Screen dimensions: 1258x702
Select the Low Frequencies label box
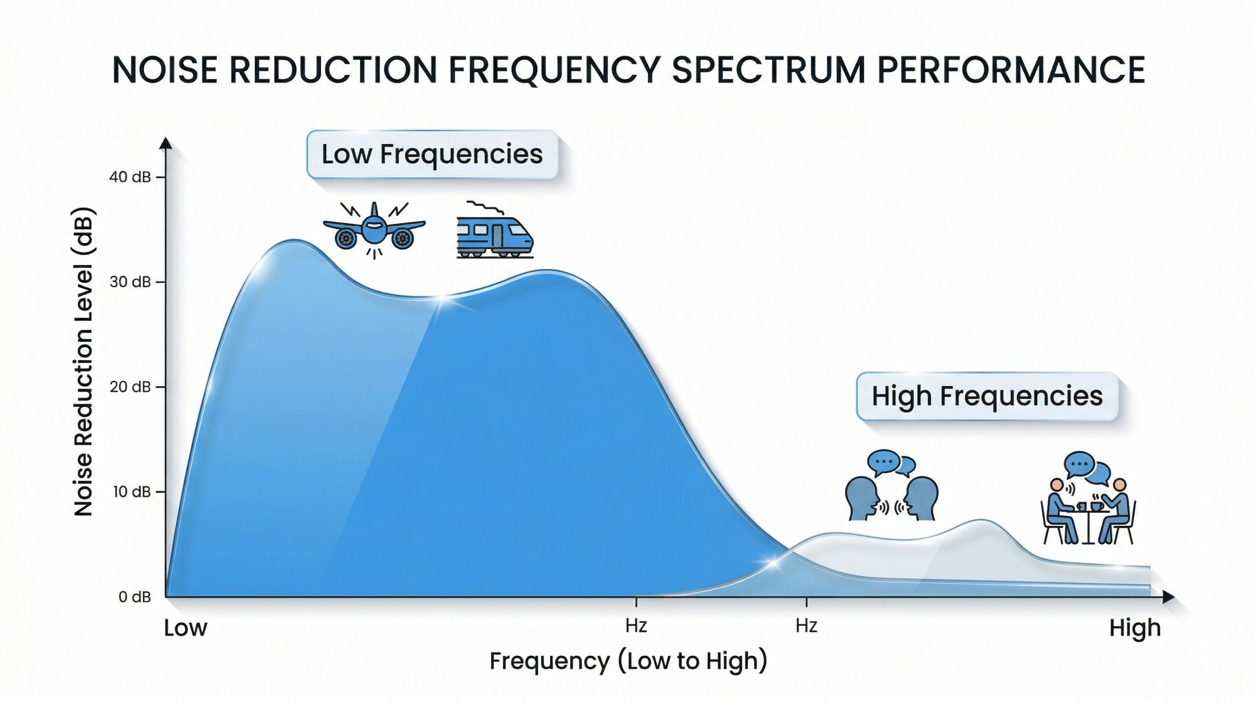pos(432,154)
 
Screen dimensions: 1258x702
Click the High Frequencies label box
pos(987,396)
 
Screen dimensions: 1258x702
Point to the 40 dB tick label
pos(130,177)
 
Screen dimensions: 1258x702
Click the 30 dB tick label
pos(130,282)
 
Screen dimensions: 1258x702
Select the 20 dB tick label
pos(130,387)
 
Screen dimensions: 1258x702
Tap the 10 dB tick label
pos(131,492)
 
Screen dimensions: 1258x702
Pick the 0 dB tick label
pos(135,597)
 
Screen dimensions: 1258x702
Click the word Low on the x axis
pos(186,628)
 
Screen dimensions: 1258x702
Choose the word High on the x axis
pos(1135,628)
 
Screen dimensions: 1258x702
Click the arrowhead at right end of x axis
pos(1168,597)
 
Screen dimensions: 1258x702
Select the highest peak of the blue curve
pos(294,240)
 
